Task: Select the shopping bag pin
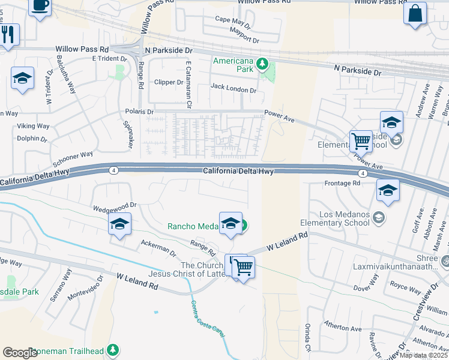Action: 415,13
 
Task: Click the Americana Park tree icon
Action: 261,63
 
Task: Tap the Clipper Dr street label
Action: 168,82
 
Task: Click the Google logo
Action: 20,353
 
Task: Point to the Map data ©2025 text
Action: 423,355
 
